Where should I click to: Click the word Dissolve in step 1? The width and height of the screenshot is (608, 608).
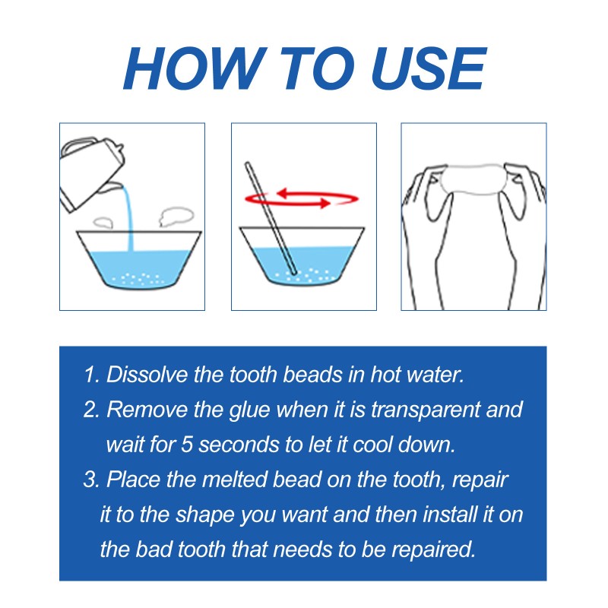click(x=144, y=375)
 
